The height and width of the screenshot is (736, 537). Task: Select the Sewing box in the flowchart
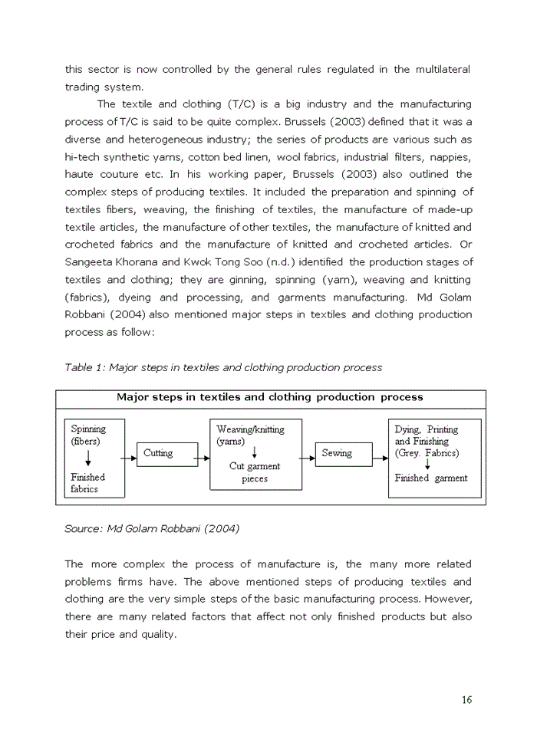point(337,453)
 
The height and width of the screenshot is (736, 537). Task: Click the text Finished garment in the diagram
point(431,478)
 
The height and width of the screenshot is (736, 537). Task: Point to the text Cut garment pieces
point(255,472)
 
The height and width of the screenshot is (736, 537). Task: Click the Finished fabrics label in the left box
point(88,483)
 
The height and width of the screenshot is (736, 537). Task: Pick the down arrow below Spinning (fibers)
point(89,458)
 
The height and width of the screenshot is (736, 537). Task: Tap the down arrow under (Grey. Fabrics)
point(427,465)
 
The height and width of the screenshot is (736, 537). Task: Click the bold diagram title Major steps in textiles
point(269,397)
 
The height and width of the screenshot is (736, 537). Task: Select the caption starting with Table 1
point(223,367)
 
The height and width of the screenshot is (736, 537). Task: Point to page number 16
point(466,699)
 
